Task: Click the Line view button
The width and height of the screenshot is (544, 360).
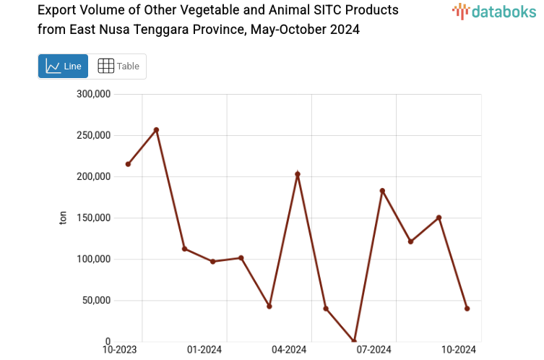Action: [63, 67]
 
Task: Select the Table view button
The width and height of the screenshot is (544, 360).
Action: [118, 67]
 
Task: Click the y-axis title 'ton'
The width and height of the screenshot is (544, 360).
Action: [63, 218]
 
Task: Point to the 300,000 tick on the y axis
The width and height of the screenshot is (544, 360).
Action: [92, 94]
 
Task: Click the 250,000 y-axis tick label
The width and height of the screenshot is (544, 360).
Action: [92, 135]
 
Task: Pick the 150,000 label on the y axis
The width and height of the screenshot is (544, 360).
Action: [92, 218]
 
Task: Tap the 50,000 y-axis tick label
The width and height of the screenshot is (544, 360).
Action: [95, 300]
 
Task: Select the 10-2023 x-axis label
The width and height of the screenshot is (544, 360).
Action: [120, 350]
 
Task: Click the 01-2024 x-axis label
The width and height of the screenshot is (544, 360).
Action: [204, 350]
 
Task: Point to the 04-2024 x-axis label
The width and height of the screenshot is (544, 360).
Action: [289, 350]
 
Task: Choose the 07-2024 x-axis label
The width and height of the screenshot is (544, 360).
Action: [374, 350]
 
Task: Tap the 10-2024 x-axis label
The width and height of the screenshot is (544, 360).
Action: [459, 350]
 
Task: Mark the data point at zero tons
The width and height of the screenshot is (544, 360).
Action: [354, 341]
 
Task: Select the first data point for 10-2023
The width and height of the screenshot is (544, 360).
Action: [128, 164]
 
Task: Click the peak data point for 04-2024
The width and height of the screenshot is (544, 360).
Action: [298, 174]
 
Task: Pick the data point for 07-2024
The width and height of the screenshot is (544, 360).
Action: [382, 191]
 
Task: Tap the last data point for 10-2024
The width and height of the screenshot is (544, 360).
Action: [467, 309]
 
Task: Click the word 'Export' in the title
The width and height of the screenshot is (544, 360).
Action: [58, 11]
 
